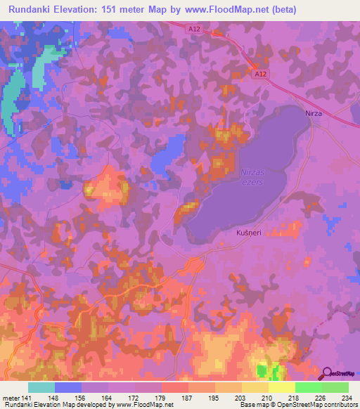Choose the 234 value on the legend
[344, 397]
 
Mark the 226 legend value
[318, 397]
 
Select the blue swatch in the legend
[67, 387]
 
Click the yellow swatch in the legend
[281, 387]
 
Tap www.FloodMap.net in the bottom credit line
[146, 405]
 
